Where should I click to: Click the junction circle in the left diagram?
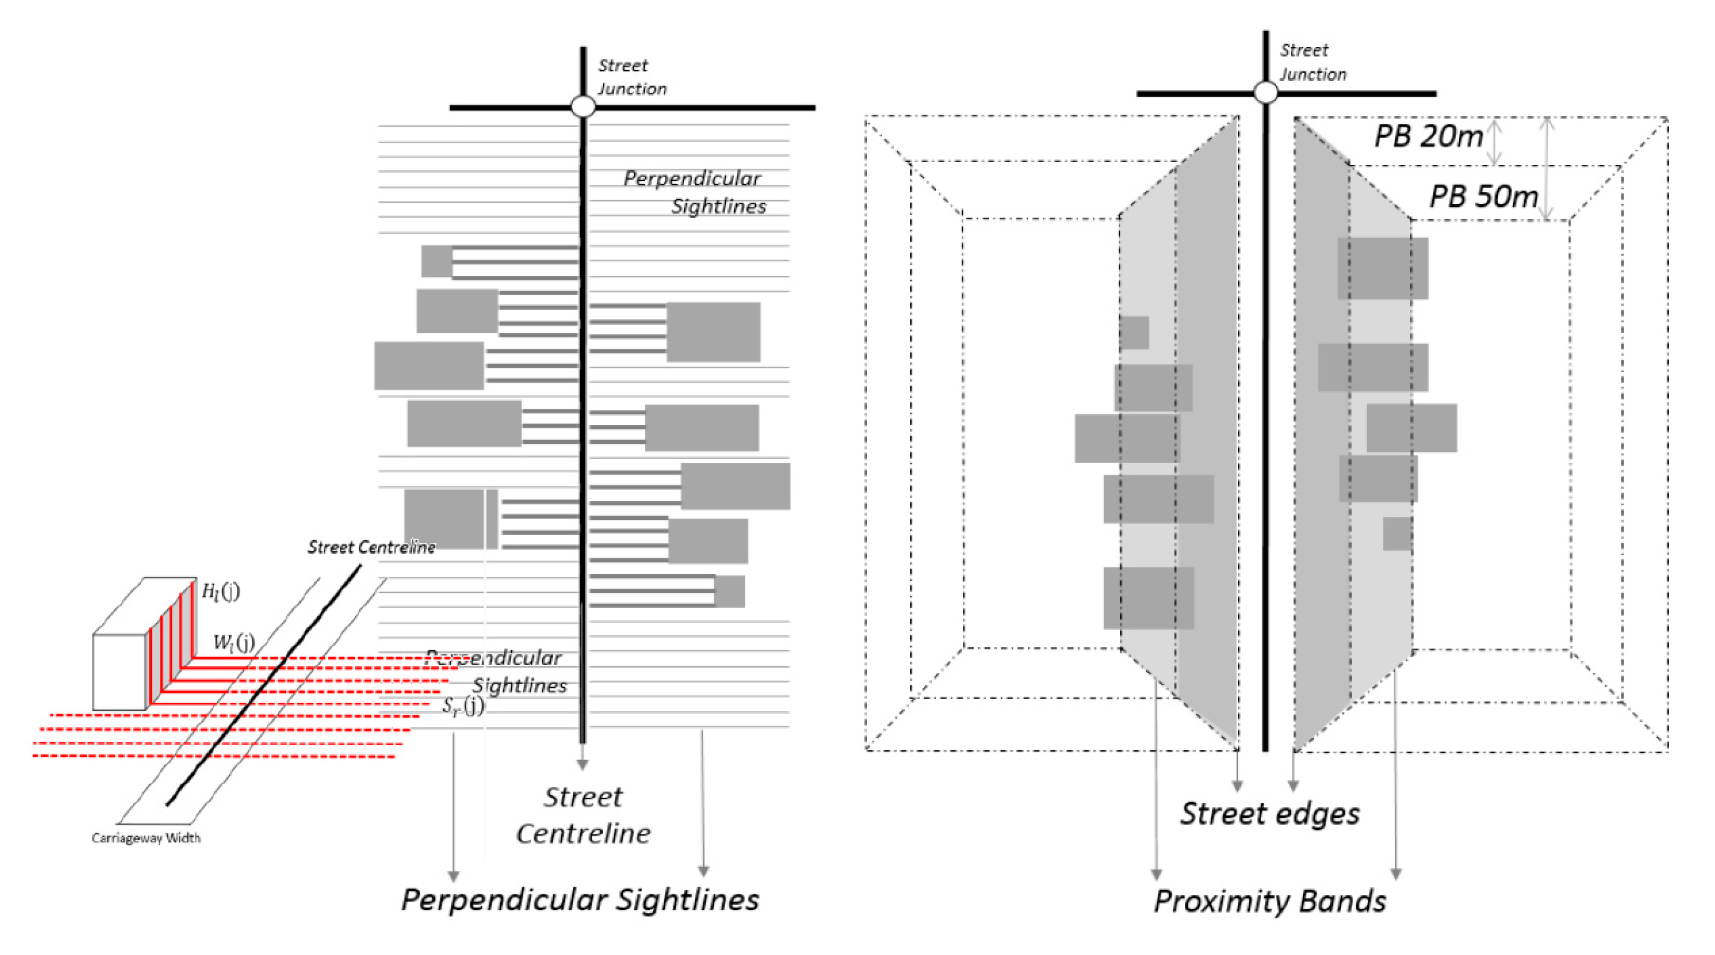(583, 107)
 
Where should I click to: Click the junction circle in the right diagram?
(1266, 93)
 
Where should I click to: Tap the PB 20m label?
(1429, 136)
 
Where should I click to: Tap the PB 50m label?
(1484, 197)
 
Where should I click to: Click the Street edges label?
(1270, 813)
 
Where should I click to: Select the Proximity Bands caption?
(1270, 901)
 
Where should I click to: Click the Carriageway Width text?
(146, 838)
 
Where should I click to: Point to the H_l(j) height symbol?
(220, 591)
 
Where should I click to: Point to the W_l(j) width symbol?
(234, 642)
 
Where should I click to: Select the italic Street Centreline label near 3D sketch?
(371, 547)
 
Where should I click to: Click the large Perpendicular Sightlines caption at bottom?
(580, 900)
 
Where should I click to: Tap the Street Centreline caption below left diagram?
(583, 815)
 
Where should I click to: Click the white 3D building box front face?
(119, 671)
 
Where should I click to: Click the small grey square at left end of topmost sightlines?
(437, 261)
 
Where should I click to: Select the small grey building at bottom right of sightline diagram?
(730, 591)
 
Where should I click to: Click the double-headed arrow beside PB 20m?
(1495, 142)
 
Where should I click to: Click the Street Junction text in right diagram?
(1311, 62)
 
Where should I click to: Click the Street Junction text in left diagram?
(630, 77)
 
